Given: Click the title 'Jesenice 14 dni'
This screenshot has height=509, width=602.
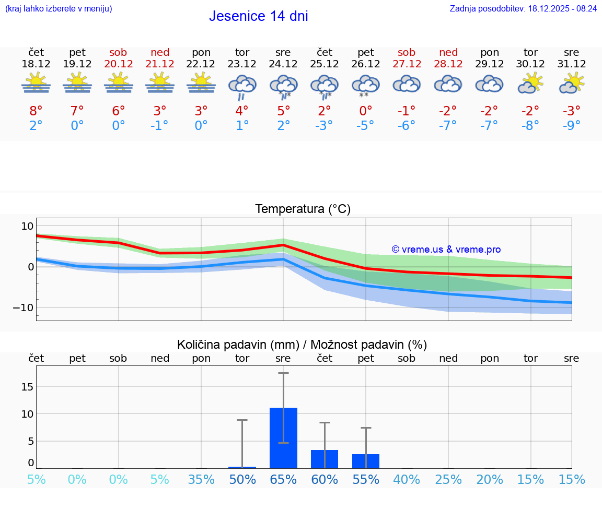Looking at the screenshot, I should click(258, 16).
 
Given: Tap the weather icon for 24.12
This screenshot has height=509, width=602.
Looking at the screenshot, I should click(283, 86).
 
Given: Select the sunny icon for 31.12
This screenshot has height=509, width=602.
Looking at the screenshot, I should click(571, 83).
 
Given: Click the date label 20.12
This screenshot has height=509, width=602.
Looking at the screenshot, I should click(119, 64).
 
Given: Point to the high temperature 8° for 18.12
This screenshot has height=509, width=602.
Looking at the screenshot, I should click(36, 111).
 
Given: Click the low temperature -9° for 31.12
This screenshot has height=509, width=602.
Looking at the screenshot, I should click(571, 125).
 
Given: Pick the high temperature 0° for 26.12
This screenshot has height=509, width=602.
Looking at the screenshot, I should click(366, 111).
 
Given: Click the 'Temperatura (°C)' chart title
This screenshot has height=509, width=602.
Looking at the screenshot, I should click(303, 209).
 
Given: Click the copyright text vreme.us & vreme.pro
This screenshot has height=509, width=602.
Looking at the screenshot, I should click(446, 250).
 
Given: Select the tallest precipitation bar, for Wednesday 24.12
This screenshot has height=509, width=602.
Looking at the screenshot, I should click(283, 438).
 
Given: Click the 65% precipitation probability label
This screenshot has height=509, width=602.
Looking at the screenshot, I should click(283, 479).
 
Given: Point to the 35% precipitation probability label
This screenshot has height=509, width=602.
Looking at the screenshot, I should click(201, 479).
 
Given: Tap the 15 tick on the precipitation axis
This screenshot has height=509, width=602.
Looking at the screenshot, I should click(27, 387).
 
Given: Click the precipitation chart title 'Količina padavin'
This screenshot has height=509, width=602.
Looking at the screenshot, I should click(302, 345).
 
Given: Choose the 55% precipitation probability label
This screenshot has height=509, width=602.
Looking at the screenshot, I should click(366, 479).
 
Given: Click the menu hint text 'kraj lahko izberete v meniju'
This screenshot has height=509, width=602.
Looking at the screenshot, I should click(58, 8).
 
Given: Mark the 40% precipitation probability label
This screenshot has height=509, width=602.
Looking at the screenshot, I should click(407, 479).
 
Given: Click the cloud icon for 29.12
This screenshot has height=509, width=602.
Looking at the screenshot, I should click(489, 84).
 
